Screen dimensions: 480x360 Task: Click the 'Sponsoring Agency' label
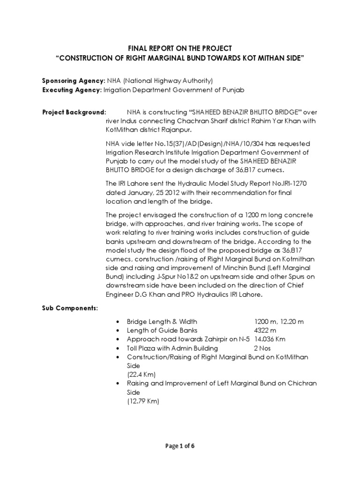[x=74, y=81]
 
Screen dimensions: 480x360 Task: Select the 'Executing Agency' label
[x=72, y=90]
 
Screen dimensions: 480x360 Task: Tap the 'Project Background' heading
[x=74, y=113]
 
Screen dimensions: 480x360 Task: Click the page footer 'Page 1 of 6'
[x=180, y=446]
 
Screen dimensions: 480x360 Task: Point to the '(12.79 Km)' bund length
[x=143, y=401]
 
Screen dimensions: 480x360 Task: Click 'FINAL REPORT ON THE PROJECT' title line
[x=180, y=48]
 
